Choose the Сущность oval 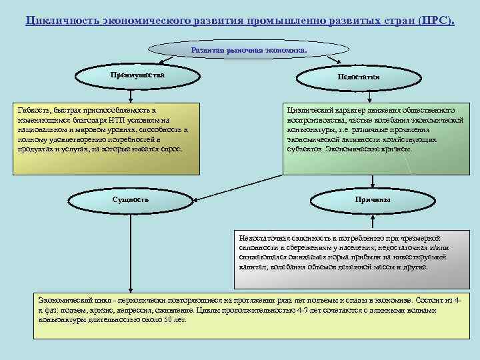click(131, 199)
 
